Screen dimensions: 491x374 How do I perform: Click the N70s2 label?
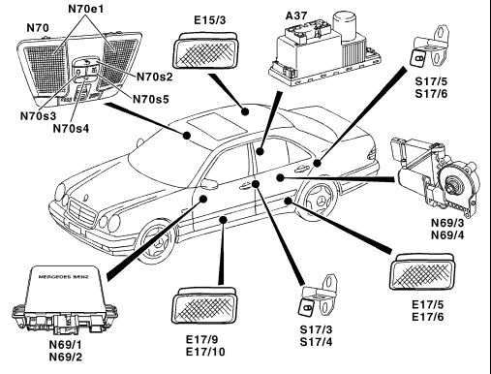[155, 77]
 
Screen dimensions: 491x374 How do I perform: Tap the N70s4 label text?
[71, 129]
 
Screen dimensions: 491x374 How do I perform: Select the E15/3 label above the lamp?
[210, 20]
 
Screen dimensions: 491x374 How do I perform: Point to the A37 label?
[296, 16]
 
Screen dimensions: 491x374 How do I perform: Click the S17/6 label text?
[431, 94]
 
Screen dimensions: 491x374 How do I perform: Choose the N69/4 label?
[447, 235]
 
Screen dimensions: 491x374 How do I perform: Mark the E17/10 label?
[205, 352]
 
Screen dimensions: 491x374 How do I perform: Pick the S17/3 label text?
[316, 329]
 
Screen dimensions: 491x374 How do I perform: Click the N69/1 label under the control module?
[66, 345]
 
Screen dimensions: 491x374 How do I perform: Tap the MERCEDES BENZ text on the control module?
[63, 277]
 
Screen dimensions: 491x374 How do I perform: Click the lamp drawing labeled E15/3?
[206, 50]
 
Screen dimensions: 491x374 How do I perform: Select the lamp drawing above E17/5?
[423, 271]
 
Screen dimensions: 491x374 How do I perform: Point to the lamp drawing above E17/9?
[204, 305]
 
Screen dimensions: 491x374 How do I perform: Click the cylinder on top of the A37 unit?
[344, 26]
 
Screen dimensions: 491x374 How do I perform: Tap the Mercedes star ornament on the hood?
[85, 197]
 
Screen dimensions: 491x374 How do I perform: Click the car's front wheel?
[158, 240]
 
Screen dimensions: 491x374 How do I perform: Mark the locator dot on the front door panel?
[203, 199]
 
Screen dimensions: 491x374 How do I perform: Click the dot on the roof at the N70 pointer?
[186, 135]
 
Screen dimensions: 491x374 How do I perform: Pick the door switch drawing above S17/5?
[429, 47]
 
